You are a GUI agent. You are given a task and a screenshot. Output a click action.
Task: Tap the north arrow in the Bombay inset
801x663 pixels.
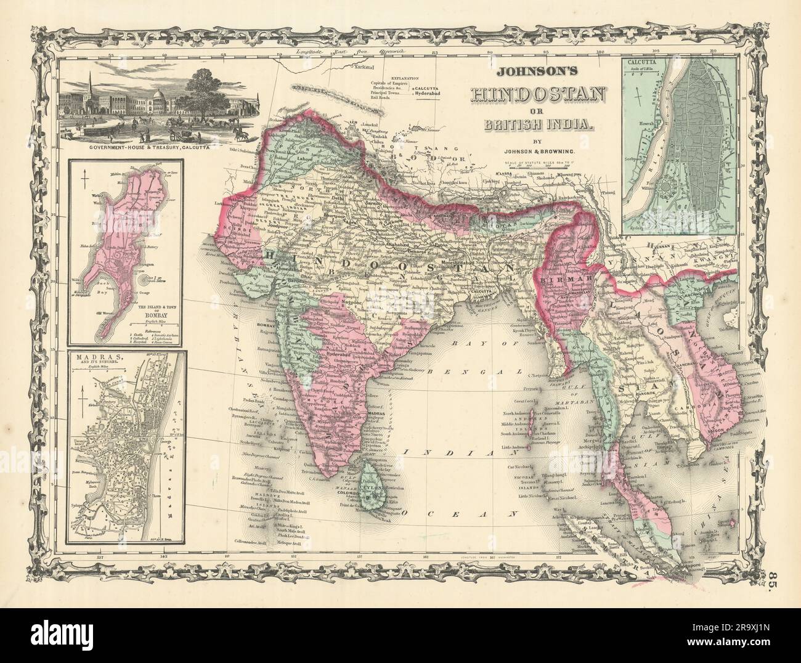pos(84,182)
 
